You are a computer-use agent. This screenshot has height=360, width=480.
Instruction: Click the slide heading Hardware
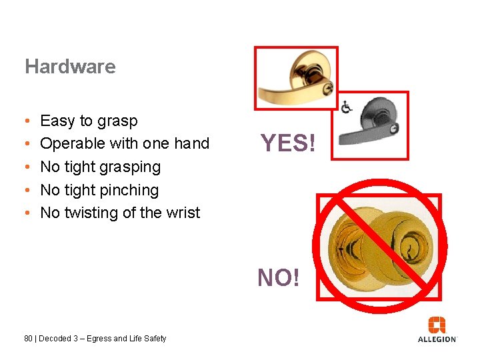pos(70,67)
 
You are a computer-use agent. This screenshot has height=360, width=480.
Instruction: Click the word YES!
pos(287,143)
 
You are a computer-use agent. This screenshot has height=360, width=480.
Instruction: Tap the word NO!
pos(279,277)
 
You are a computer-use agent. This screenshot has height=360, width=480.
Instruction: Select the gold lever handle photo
pos(296,78)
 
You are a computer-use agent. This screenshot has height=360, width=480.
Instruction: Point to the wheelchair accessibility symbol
pos(347,107)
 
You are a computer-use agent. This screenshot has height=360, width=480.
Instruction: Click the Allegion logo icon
pos(437,325)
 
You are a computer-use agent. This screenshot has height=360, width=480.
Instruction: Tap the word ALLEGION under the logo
pos(437,339)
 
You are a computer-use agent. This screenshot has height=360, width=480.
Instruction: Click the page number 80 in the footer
pos(28,339)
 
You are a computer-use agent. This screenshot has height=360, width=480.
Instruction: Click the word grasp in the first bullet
pos(117,121)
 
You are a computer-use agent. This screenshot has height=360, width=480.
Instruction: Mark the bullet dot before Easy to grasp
pos(25,121)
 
